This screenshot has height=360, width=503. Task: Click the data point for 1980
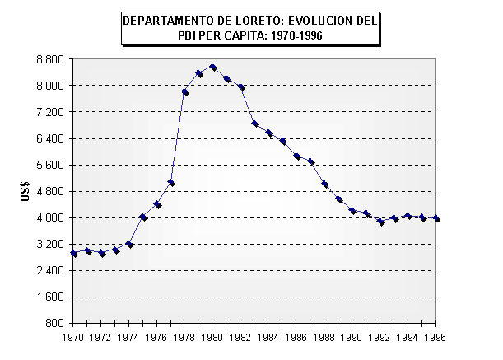tap(212, 68)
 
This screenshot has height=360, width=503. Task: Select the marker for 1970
tap(74, 254)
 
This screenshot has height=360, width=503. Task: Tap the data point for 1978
tap(185, 92)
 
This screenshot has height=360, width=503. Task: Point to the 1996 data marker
tap(436, 219)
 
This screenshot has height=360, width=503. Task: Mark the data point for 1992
tap(380, 222)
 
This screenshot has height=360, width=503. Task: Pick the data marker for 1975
tap(143, 217)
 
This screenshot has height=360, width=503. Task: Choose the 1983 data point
tap(255, 124)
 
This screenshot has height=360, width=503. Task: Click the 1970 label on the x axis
tap(74, 337)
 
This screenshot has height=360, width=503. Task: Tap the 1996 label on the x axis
tap(436, 337)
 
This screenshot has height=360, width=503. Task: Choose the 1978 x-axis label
tap(185, 337)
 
